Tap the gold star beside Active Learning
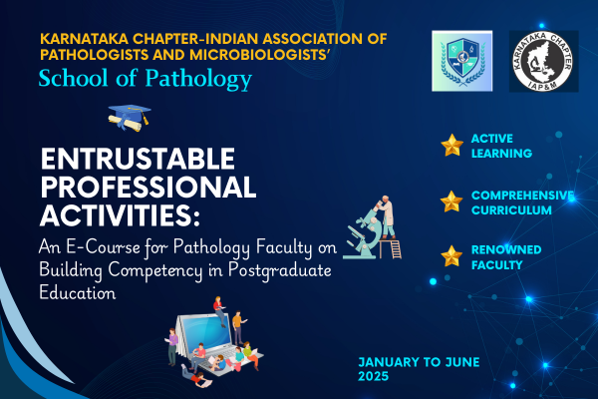[x=451, y=146]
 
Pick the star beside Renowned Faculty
[x=451, y=255]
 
